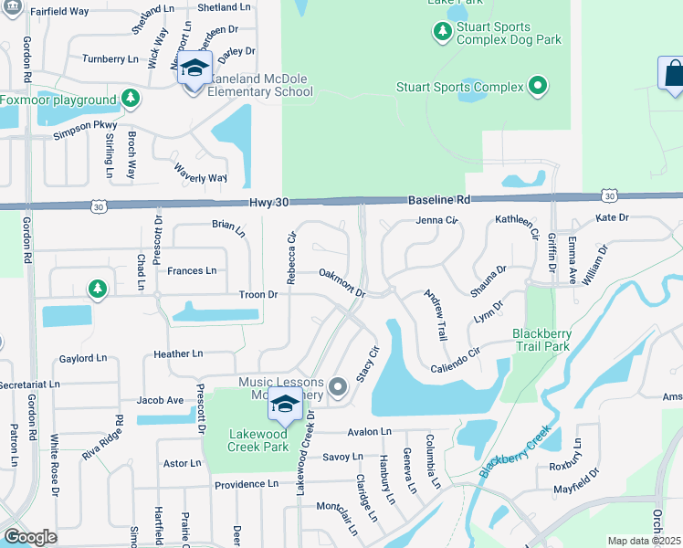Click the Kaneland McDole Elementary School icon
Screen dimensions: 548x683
tap(194, 69)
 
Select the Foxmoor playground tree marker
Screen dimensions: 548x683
tap(131, 99)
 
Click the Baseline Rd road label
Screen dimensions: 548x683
tap(438, 199)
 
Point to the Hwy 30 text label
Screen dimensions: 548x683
tap(268, 203)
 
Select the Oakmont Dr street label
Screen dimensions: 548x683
tap(342, 284)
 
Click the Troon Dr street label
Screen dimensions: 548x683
tap(258, 295)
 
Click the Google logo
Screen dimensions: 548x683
tap(30, 537)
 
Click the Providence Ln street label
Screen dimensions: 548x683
tap(246, 484)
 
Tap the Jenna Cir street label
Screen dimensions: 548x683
tap(436, 220)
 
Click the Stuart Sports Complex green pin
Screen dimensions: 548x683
tap(538, 88)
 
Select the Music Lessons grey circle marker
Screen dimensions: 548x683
tap(338, 388)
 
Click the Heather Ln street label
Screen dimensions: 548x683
tap(178, 353)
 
